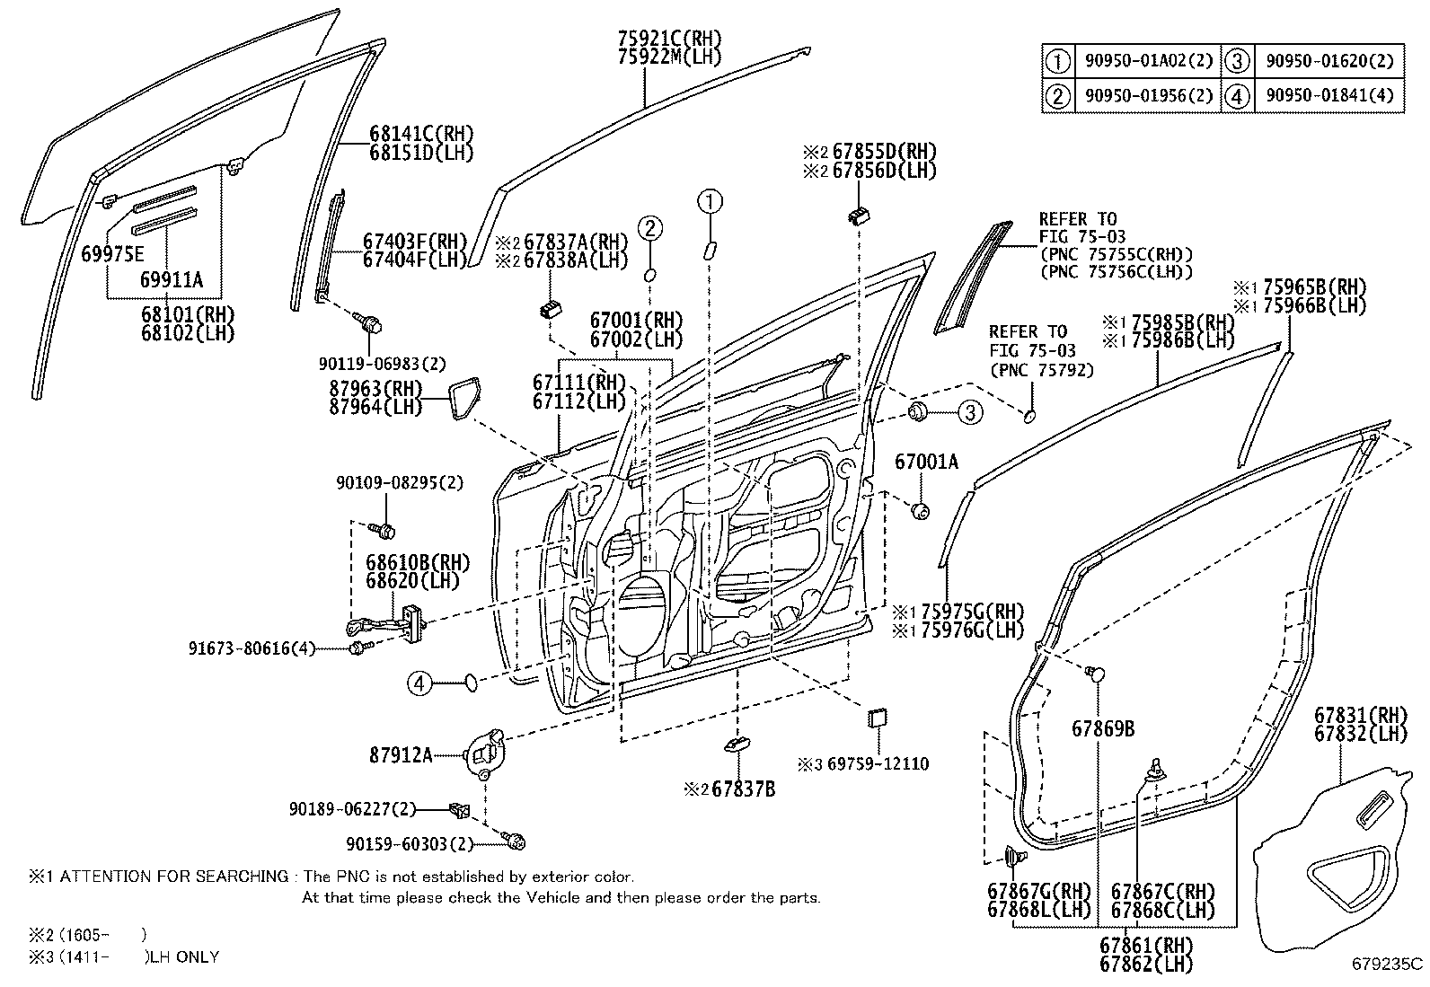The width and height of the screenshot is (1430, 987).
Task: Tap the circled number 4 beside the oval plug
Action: click(x=419, y=684)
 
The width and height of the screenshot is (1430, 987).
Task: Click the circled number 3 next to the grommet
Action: click(x=969, y=412)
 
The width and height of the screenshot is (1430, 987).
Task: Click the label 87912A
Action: click(x=401, y=755)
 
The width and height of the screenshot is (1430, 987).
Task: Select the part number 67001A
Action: click(x=926, y=462)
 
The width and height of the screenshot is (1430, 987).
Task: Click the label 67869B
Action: click(x=1102, y=728)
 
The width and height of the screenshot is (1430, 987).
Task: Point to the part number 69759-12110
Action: click(x=877, y=764)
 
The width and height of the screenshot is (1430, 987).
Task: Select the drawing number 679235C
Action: click(x=1388, y=965)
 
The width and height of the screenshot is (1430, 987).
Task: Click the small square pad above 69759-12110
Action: click(x=876, y=718)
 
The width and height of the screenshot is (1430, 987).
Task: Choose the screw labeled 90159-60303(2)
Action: click(x=516, y=842)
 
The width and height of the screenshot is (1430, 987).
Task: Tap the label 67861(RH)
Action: click(x=1145, y=945)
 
